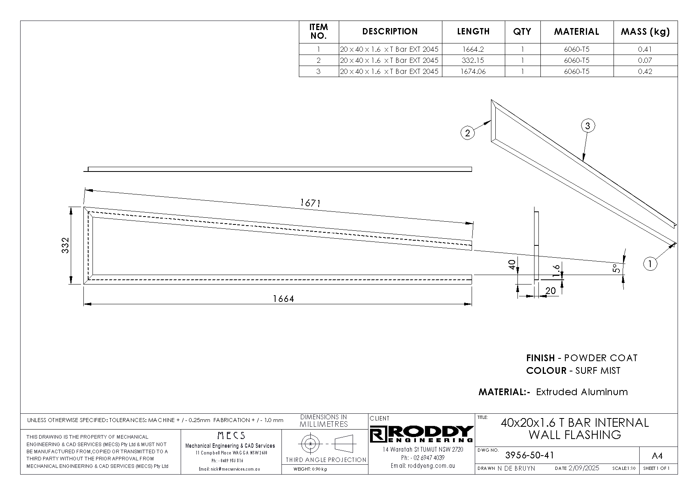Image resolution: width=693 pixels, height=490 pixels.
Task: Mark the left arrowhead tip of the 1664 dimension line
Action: pyautogui.click(x=84, y=304)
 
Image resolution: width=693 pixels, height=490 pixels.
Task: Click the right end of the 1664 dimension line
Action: pyautogui.click(x=472, y=304)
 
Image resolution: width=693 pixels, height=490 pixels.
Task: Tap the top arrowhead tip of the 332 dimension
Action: pyautogui.click(x=71, y=207)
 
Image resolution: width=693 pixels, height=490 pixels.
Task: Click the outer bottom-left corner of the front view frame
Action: pyautogui.click(x=84, y=284)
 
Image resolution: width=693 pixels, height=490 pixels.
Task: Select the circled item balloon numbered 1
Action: pyautogui.click(x=650, y=264)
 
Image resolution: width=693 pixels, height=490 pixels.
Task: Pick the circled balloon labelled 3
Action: pyautogui.click(x=588, y=126)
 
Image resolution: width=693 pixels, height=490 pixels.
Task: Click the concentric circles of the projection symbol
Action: pyautogui.click(x=310, y=444)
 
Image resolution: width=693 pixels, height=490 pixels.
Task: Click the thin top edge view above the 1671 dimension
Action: pyautogui.click(x=279, y=170)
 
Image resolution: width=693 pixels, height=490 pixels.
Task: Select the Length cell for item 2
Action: pyautogui.click(x=473, y=60)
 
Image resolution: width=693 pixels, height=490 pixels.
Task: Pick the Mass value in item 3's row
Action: pyautogui.click(x=645, y=72)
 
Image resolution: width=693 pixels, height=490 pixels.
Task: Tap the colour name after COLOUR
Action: pyautogui.click(x=598, y=371)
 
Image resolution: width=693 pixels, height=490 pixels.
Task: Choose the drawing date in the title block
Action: pyautogui.click(x=583, y=468)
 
